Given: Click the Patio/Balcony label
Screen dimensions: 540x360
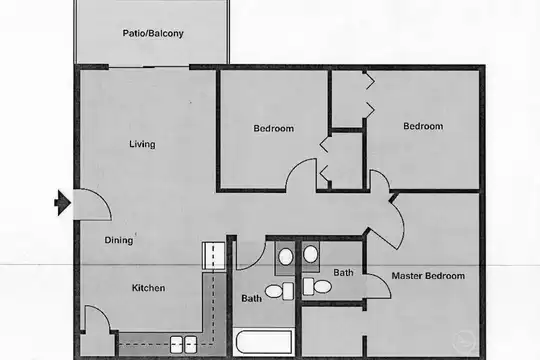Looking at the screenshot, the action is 153,33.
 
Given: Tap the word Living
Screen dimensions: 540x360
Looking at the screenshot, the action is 142,144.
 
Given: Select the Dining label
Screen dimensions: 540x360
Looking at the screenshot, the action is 119,240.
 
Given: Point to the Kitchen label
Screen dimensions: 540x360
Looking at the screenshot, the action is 148,288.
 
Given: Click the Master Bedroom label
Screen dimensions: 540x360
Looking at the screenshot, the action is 428,276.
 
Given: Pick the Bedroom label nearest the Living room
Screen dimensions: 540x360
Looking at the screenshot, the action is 274,128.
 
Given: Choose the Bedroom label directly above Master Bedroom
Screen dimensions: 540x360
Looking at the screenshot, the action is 423,126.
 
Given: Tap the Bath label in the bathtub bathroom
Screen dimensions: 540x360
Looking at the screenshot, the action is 251,298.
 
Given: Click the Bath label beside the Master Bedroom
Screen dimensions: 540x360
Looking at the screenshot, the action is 343,272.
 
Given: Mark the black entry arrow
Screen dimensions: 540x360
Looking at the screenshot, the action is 62,203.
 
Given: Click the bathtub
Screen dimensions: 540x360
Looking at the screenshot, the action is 264,341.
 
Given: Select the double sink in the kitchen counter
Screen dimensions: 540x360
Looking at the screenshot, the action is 184,344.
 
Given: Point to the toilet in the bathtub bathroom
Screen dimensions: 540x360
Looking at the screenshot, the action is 279,291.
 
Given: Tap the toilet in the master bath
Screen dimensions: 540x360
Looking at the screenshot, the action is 317,286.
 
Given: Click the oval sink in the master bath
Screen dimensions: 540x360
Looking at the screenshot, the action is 311,254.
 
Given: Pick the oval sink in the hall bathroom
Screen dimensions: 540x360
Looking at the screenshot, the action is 285,257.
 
